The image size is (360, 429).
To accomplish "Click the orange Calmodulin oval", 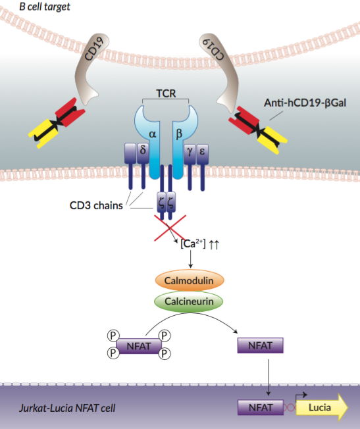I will point(189,280).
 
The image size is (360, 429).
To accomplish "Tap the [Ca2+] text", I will point(192,244).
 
